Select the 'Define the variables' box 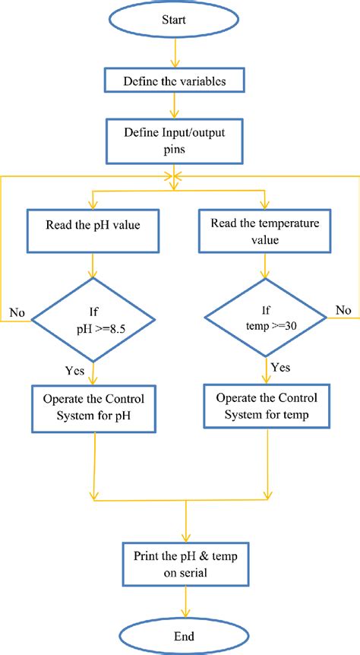point(175,78)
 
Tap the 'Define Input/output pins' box point(175,141)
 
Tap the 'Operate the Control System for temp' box point(267,407)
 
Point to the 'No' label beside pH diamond point(17,312)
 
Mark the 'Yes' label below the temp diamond point(282,368)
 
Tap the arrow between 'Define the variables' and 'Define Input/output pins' point(175,106)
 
